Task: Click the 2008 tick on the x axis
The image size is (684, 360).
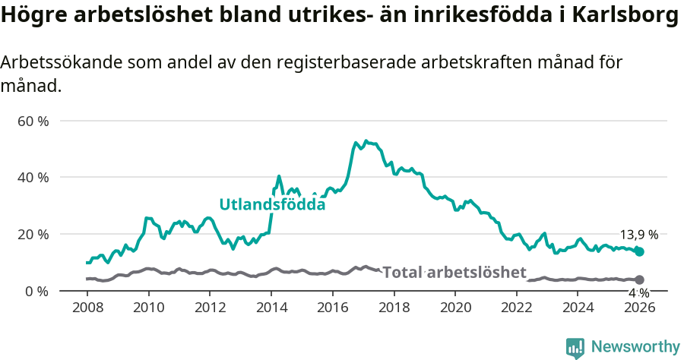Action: click(x=87, y=307)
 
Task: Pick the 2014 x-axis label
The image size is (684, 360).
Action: click(x=271, y=307)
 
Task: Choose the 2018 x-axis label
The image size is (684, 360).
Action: click(x=394, y=307)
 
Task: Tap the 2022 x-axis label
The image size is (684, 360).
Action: click(x=517, y=307)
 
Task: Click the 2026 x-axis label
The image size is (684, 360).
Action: click(x=639, y=307)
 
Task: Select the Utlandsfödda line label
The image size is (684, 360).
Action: click(x=272, y=204)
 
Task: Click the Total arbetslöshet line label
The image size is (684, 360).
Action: click(x=454, y=272)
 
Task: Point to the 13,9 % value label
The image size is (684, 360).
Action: click(x=639, y=235)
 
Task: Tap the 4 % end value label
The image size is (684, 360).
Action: click(x=639, y=293)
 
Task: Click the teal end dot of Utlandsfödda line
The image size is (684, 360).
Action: click(x=639, y=251)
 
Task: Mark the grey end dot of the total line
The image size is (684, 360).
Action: click(x=639, y=279)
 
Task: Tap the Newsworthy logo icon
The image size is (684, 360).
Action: click(x=575, y=348)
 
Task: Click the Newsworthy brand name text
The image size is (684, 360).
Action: click(x=635, y=347)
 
